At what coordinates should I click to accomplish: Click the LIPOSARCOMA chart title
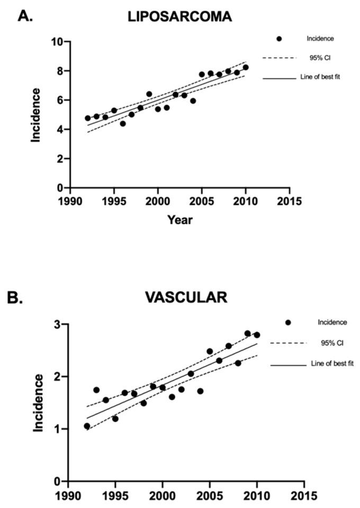(x=179, y=16)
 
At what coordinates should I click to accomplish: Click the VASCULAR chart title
(x=186, y=297)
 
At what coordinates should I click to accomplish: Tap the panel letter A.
(x=26, y=16)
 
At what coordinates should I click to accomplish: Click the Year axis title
(x=179, y=219)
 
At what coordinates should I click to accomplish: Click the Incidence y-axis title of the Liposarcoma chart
(x=35, y=115)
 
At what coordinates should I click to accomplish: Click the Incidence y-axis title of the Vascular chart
(x=39, y=403)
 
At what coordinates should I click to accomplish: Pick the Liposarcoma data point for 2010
(x=246, y=67)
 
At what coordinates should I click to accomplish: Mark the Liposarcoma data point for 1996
(x=123, y=123)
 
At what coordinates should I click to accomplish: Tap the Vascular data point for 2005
(x=210, y=351)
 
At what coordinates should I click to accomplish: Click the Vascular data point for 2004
(x=200, y=391)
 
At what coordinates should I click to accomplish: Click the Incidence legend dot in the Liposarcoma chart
(x=279, y=39)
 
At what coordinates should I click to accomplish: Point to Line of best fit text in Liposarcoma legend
(x=324, y=78)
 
